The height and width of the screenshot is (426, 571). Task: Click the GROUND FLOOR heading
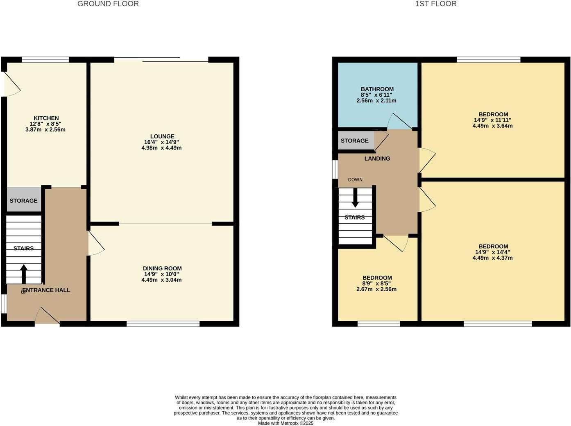click(x=108, y=4)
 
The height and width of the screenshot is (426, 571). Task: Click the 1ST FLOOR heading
click(x=436, y=4)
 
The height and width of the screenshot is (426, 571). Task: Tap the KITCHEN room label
click(x=46, y=118)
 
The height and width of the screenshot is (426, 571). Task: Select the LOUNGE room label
click(x=162, y=136)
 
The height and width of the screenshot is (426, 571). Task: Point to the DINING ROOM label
click(x=162, y=269)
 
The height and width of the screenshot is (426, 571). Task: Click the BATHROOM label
click(x=377, y=89)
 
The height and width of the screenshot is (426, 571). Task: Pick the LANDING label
click(x=377, y=159)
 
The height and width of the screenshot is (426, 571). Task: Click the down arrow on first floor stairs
click(x=355, y=197)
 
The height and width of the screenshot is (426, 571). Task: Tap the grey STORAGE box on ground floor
click(x=24, y=200)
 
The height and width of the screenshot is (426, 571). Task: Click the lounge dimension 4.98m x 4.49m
click(x=161, y=148)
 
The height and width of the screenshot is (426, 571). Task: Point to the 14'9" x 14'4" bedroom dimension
click(x=492, y=252)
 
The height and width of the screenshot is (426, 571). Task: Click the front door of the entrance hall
click(x=47, y=317)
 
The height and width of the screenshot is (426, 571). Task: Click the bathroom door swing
click(x=399, y=121)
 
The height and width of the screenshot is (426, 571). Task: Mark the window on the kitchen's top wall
click(x=45, y=60)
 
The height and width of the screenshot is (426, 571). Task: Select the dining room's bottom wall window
click(x=163, y=324)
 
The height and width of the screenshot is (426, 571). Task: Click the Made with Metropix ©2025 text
click(x=285, y=423)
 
